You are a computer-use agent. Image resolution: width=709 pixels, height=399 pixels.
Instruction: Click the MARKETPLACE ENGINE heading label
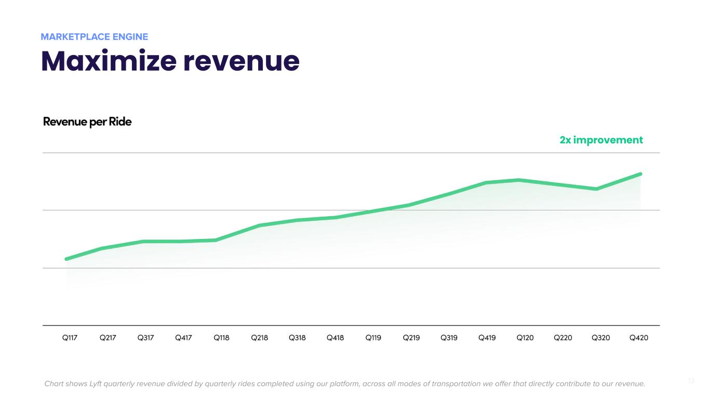(94, 37)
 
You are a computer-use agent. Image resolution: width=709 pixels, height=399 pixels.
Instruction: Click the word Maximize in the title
(106, 61)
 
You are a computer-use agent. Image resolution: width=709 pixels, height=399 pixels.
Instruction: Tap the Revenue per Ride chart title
(87, 122)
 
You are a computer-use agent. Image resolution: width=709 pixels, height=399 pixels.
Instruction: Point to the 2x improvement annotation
(601, 140)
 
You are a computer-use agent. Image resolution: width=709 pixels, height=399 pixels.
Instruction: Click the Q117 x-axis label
(70, 338)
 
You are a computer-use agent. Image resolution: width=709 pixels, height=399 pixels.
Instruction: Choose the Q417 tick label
(183, 338)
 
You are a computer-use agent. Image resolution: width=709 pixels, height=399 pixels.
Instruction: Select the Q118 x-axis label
(221, 338)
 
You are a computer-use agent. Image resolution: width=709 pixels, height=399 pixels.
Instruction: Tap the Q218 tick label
(259, 338)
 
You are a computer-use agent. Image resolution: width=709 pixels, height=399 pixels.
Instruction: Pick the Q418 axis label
(335, 338)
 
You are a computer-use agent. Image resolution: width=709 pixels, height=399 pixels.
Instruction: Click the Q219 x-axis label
(411, 338)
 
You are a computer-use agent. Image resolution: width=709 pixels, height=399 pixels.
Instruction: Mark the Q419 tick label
(487, 338)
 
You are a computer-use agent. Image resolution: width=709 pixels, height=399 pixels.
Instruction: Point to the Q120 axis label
(525, 338)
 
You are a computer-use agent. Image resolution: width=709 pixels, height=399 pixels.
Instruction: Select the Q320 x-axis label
(600, 338)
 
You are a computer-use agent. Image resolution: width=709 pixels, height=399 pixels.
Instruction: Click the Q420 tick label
(638, 338)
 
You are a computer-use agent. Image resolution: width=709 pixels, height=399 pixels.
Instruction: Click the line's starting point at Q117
(66, 259)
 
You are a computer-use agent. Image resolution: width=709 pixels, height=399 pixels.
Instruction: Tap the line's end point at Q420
(640, 174)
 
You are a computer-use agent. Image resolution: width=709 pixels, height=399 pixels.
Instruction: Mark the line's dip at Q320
(596, 189)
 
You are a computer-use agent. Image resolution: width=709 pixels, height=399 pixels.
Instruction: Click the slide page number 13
(691, 381)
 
